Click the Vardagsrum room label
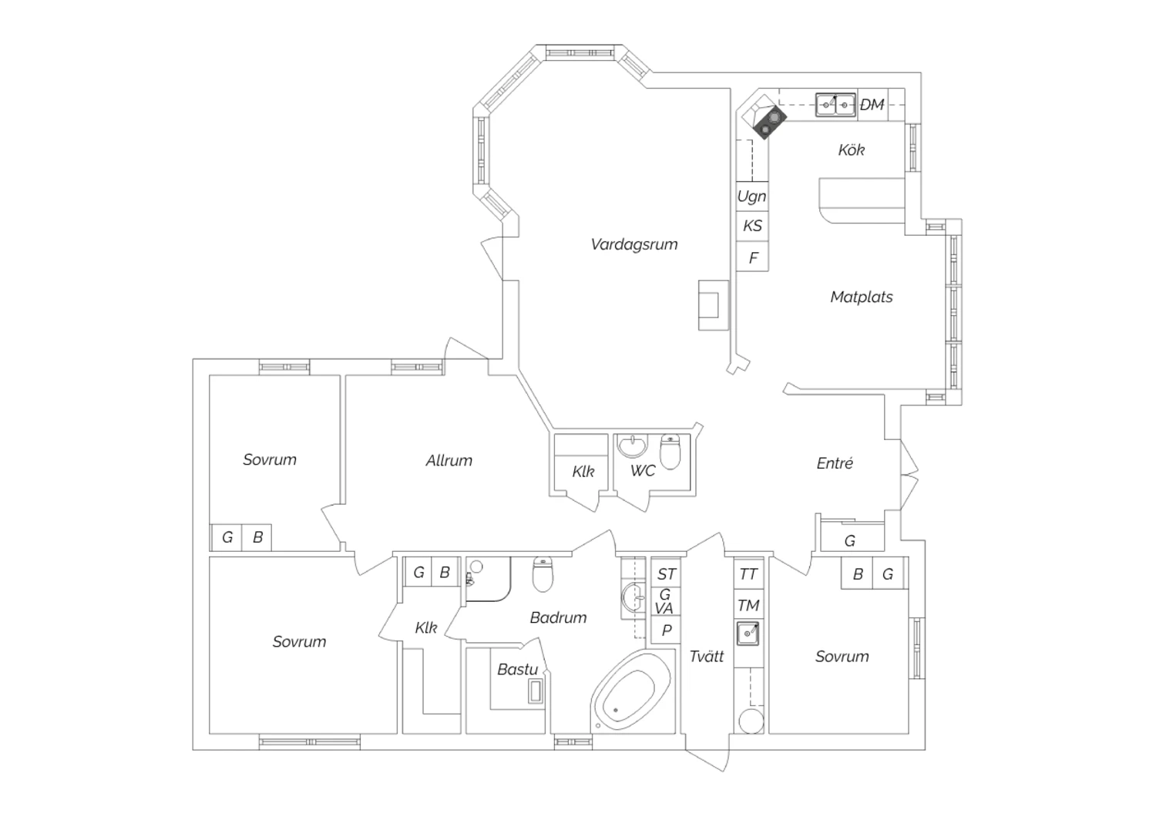click(x=634, y=244)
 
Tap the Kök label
click(x=852, y=150)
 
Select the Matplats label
click(x=862, y=297)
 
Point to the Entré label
click(x=835, y=463)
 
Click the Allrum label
click(x=449, y=460)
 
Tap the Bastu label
click(x=518, y=669)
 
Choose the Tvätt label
click(x=707, y=656)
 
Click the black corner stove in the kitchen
click(x=769, y=123)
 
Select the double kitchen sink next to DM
click(x=835, y=105)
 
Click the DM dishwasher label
click(x=872, y=105)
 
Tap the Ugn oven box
click(x=752, y=197)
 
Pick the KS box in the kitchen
click(x=752, y=226)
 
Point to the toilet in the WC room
click(x=670, y=452)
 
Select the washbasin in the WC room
click(x=632, y=446)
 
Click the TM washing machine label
click(x=748, y=605)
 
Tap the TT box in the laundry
click(x=748, y=574)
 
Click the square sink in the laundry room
click(x=748, y=634)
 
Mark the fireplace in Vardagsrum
click(x=713, y=305)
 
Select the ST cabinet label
click(x=667, y=574)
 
